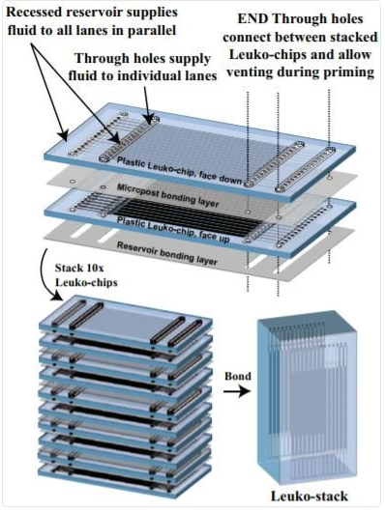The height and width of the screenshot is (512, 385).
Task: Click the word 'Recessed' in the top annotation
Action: [x=35, y=13]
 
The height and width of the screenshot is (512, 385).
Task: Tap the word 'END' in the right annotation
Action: [x=253, y=18]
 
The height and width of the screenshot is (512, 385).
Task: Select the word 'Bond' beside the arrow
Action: [x=238, y=376]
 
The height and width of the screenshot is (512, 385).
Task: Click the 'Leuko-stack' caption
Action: [x=310, y=497]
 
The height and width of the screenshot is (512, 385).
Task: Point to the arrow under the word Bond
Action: [x=237, y=390]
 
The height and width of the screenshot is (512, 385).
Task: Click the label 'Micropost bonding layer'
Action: [x=167, y=195]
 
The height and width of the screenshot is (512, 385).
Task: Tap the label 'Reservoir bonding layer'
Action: [x=167, y=253]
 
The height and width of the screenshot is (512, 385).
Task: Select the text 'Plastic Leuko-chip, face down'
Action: [x=179, y=170]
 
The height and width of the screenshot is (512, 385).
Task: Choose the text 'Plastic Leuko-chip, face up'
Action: [x=173, y=230]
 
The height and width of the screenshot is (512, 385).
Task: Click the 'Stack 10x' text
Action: [x=79, y=269]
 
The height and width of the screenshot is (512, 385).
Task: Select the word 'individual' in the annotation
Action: [x=157, y=75]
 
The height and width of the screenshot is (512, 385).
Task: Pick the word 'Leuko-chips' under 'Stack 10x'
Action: [x=86, y=282]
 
